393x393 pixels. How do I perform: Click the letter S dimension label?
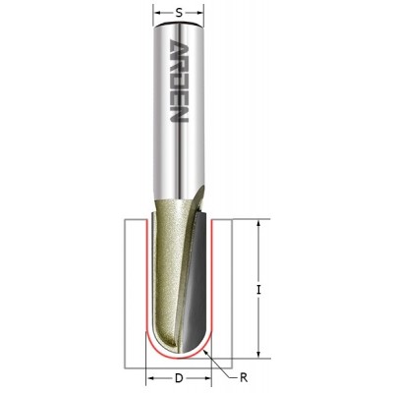click(x=179, y=13)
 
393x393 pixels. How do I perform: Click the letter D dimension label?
click(x=179, y=378)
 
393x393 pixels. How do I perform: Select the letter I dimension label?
click(x=258, y=290)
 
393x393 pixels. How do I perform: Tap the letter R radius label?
click(x=244, y=377)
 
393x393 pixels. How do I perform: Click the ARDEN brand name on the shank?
click(x=179, y=81)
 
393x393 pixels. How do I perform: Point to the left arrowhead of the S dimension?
click(x=157, y=13)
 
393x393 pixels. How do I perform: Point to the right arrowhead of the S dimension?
click(x=199, y=13)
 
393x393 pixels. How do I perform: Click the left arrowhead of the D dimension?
click(x=150, y=378)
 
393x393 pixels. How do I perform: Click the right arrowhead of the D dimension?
click(x=207, y=378)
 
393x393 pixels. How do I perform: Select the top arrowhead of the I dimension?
click(x=258, y=224)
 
